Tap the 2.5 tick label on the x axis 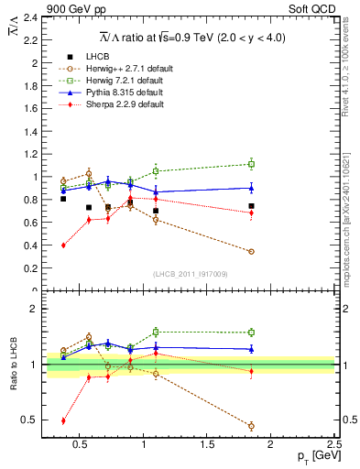pyautogui.click(x=333, y=446)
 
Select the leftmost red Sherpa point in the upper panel pyautogui.click(x=63, y=245)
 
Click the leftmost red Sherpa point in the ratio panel pyautogui.click(x=63, y=420)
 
